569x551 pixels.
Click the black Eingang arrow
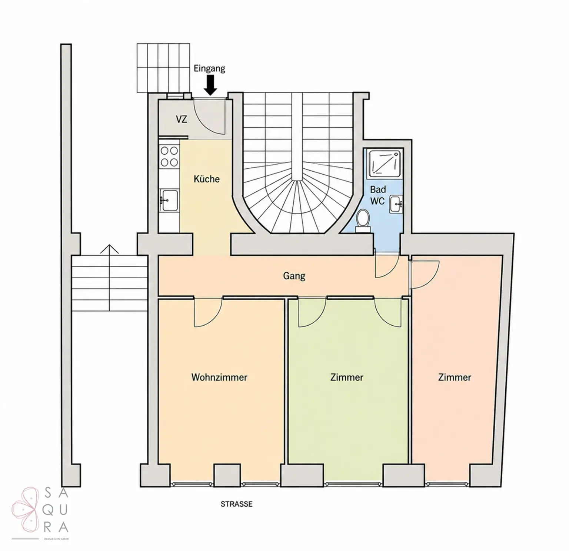pyautogui.click(x=211, y=85)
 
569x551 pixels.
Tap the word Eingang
pyautogui.click(x=209, y=68)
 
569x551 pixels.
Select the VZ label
pyautogui.click(x=182, y=120)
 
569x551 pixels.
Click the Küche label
pyautogui.click(x=207, y=179)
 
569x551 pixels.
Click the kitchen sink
pyautogui.click(x=169, y=200)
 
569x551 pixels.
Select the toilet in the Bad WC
pyautogui.click(x=362, y=220)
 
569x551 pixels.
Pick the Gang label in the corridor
pyautogui.click(x=294, y=276)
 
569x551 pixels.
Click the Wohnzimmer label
pyautogui.click(x=219, y=377)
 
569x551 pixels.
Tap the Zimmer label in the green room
pyautogui.click(x=347, y=377)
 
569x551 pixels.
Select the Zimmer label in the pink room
pyautogui.click(x=455, y=377)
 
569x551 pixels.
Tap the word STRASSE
pyautogui.click(x=237, y=504)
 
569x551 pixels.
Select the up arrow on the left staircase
pyautogui.click(x=110, y=278)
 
